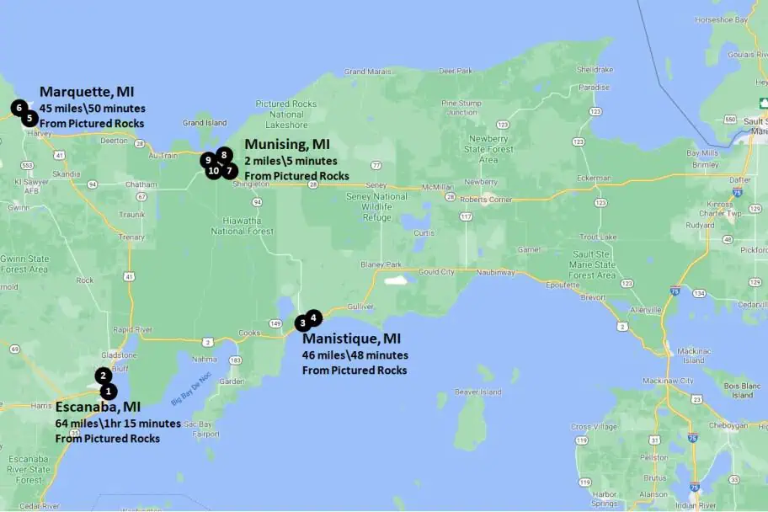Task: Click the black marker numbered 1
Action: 109,392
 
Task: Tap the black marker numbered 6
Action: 19,108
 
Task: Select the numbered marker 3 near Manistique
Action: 302,323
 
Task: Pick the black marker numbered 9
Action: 207,160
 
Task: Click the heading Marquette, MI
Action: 87,92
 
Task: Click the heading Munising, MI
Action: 285,144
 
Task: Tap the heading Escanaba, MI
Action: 98,407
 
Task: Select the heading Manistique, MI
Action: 351,339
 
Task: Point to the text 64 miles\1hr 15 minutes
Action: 118,424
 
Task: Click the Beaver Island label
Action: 478,392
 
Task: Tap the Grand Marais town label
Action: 367,72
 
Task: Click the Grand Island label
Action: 205,123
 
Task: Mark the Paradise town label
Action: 595,87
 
